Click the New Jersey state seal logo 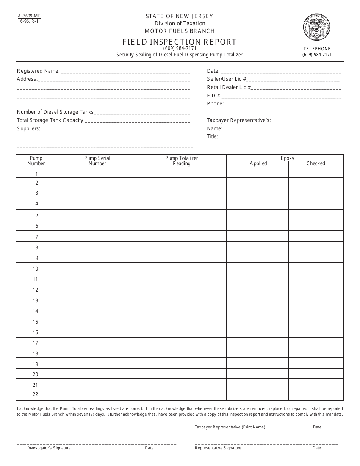[317, 27]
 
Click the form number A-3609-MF [29, 16]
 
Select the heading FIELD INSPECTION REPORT [180, 42]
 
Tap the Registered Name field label [38, 71]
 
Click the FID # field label [214, 95]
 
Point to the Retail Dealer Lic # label [229, 87]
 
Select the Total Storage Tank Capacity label [50, 120]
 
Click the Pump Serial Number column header [97, 161]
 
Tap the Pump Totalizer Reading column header [182, 161]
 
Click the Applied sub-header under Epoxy [258, 163]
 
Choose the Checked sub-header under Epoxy [316, 163]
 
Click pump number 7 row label [36, 237]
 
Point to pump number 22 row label [36, 394]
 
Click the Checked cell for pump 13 [316, 300]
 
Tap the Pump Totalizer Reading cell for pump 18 [182, 353]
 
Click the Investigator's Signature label [49, 448]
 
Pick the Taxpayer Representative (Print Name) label [230, 427]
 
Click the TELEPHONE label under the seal [317, 49]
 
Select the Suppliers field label [28, 128]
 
